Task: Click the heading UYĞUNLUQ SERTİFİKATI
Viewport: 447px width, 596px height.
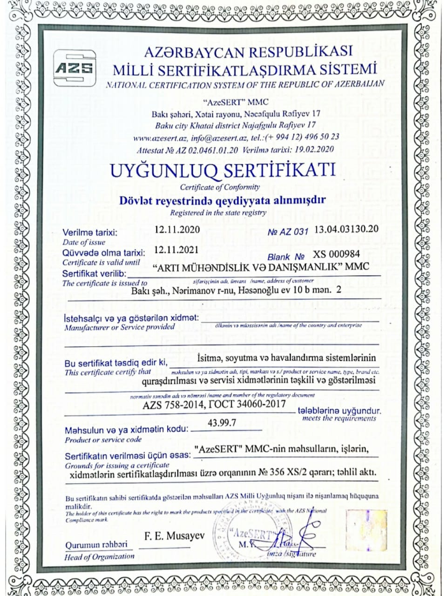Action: click(x=223, y=170)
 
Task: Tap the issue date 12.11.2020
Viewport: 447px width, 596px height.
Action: click(x=177, y=230)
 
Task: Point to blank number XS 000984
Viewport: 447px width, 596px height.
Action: click(x=336, y=254)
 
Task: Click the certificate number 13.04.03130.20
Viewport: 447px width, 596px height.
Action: click(x=346, y=229)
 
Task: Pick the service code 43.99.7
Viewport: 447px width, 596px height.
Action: click(x=222, y=423)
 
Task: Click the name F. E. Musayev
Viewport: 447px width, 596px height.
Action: click(x=175, y=536)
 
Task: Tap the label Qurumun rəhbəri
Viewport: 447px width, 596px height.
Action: click(x=96, y=545)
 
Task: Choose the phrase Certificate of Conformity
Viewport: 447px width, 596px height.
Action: click(x=220, y=187)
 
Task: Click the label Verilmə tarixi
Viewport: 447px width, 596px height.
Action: click(x=90, y=233)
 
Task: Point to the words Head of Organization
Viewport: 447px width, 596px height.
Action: click(x=99, y=556)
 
